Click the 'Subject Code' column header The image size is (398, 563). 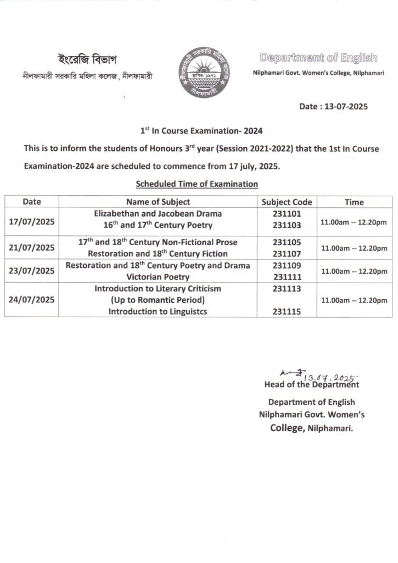point(287,202)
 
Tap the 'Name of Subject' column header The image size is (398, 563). point(158,202)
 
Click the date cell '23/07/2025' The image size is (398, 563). point(32,271)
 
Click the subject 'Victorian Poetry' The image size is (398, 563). point(158,277)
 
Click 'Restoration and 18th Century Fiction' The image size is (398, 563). point(158,253)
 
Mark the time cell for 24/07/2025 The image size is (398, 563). point(354,300)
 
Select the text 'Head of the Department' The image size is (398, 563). point(311,385)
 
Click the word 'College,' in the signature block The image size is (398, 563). point(285,428)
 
